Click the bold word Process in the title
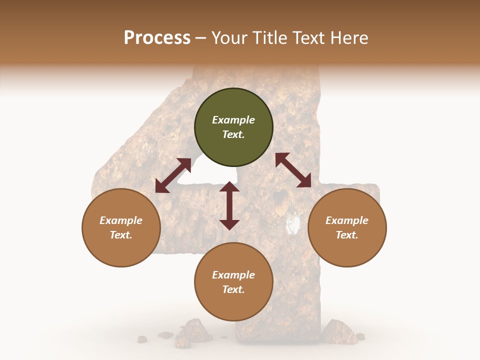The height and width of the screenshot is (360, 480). pyautogui.click(x=157, y=38)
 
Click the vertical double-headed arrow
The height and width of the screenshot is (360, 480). pyautogui.click(x=229, y=205)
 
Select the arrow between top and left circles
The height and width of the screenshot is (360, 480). pyautogui.click(x=173, y=175)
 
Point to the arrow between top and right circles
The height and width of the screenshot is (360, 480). pyautogui.click(x=293, y=170)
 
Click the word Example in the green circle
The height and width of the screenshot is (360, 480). pyautogui.click(x=233, y=120)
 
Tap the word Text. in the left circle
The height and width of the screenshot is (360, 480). pyautogui.click(x=121, y=235)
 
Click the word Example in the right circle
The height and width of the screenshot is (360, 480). pyautogui.click(x=347, y=220)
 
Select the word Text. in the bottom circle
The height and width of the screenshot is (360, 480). pyautogui.click(x=233, y=289)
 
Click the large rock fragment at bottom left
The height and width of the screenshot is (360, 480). pyautogui.click(x=192, y=331)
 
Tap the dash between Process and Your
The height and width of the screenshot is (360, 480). pyautogui.click(x=201, y=38)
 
